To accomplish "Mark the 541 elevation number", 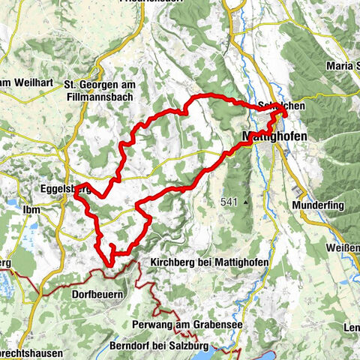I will (x=231, y=202).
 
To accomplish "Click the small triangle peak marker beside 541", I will (x=244, y=202).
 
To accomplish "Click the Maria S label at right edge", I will (x=343, y=67).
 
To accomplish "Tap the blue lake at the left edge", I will (x=6, y=284).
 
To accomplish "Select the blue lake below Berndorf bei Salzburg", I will (x=225, y=349).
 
